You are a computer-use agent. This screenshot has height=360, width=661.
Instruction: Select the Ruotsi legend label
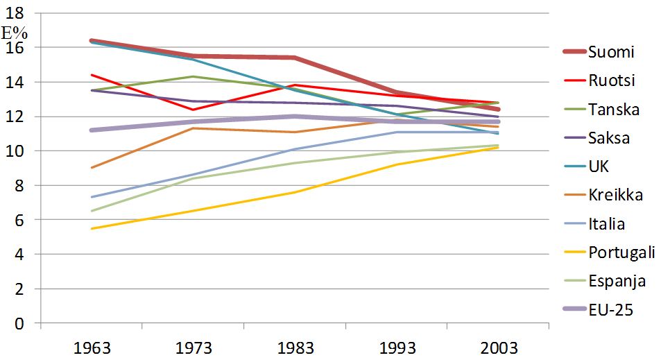click(612, 80)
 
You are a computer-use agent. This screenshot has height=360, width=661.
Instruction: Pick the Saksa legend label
click(609, 138)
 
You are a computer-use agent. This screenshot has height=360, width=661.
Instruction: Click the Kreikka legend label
click(616, 195)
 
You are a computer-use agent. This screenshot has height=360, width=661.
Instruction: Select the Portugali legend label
click(621, 252)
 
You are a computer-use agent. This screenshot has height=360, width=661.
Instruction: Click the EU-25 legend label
click(611, 310)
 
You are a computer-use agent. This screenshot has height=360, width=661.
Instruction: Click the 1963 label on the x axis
click(92, 348)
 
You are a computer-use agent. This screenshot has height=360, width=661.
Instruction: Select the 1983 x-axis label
click(295, 348)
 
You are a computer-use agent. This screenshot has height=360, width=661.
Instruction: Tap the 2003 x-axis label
click(499, 348)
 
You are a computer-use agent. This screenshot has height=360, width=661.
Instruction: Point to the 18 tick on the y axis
click(15, 13)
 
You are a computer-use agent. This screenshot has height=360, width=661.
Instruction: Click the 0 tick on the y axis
click(19, 324)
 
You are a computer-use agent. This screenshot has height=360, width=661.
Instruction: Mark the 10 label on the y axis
click(15, 151)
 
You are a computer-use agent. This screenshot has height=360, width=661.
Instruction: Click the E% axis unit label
click(15, 33)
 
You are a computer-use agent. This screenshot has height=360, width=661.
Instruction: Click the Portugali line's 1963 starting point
click(92, 228)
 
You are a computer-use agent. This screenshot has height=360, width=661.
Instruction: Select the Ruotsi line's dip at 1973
click(194, 110)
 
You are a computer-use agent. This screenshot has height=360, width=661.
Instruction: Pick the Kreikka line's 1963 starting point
click(92, 168)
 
